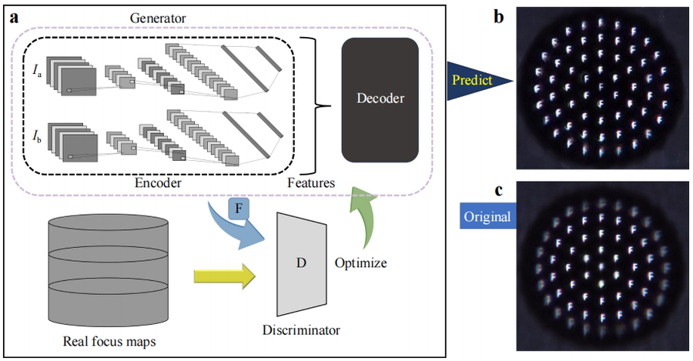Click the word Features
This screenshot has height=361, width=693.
coord(309,184)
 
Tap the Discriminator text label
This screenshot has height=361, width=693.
coord(301,330)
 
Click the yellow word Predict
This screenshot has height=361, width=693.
coord(470,79)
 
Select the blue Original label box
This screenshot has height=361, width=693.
coord(487,216)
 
